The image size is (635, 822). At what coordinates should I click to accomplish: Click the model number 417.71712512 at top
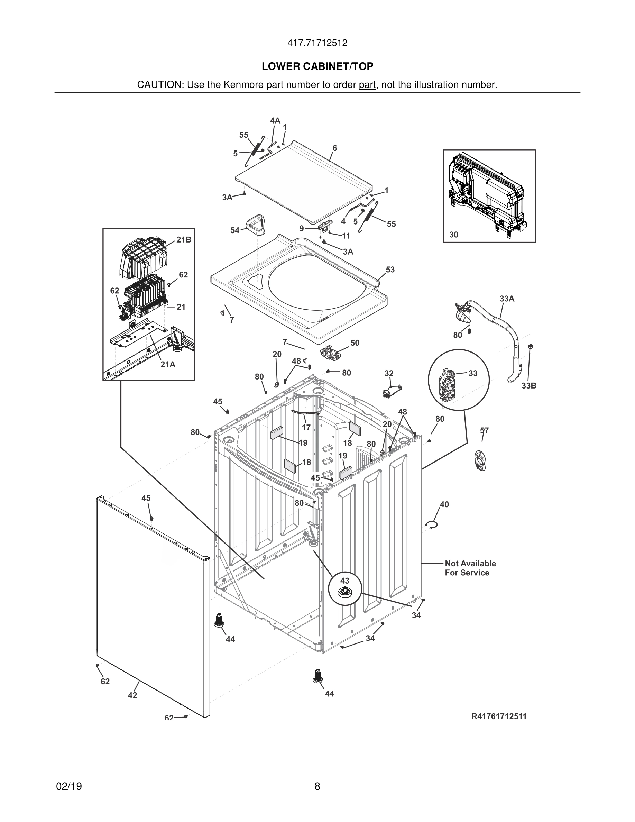click(317, 43)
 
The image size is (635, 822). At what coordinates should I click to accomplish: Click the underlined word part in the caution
click(367, 85)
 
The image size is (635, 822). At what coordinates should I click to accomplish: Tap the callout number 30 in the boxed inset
click(454, 235)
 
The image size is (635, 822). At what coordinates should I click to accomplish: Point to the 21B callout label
click(184, 240)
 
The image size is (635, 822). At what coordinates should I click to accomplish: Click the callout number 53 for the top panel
click(390, 270)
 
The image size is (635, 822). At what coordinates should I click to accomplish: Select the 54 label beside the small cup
click(235, 230)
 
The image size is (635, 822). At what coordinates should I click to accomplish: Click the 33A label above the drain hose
click(507, 299)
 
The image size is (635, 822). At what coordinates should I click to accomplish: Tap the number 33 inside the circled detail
click(473, 373)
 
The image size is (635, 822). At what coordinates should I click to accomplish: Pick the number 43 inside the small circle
click(344, 581)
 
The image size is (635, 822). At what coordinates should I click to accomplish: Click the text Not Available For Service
click(470, 568)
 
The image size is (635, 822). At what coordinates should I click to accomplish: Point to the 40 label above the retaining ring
click(444, 504)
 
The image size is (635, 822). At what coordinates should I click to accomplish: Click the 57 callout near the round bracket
click(484, 430)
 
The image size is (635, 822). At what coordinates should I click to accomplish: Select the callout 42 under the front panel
click(132, 695)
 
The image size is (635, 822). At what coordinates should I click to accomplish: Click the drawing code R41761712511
click(499, 716)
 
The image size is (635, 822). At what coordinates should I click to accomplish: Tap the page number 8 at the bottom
click(317, 786)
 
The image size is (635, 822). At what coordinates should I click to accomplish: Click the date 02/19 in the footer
click(69, 786)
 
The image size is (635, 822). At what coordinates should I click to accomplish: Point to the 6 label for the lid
click(334, 148)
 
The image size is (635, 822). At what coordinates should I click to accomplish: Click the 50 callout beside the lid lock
click(355, 343)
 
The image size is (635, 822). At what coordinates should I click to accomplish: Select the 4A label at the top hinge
click(275, 120)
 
